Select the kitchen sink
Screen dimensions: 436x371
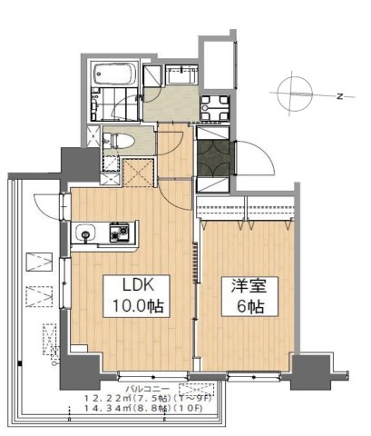pos(84,233)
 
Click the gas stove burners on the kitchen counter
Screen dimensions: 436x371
pos(119,233)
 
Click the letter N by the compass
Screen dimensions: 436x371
pos(338,95)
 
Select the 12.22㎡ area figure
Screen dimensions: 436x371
pos(105,398)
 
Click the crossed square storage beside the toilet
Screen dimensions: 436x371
pos(138,170)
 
